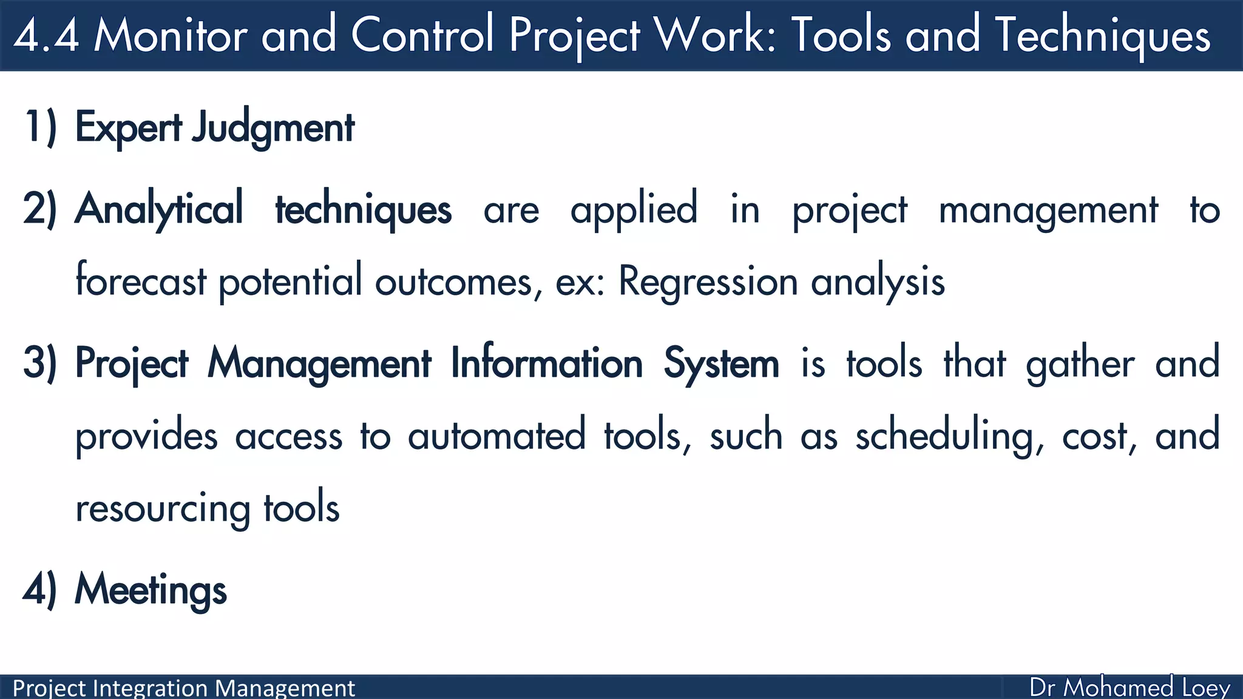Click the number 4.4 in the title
pyautogui.click(x=46, y=35)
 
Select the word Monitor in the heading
pyautogui.click(x=170, y=35)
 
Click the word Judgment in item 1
pyautogui.click(x=273, y=129)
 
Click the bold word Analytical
pyautogui.click(x=159, y=209)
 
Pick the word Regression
pyautogui.click(x=708, y=283)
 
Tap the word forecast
pyautogui.click(x=141, y=282)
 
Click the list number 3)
pyautogui.click(x=40, y=363)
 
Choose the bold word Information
pyautogui.click(x=546, y=364)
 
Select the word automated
pyautogui.click(x=496, y=436)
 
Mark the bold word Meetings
pyautogui.click(x=151, y=590)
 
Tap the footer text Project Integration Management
pyautogui.click(x=183, y=688)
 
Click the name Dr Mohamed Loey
pyautogui.click(x=1130, y=687)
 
